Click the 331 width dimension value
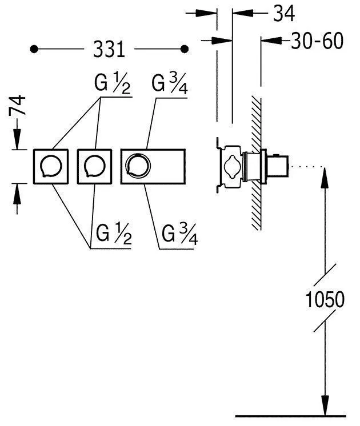(109, 50)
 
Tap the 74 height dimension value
(17, 105)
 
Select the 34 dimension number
(284, 13)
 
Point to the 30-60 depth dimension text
(317, 41)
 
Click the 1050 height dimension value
(325, 299)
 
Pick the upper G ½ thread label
(113, 83)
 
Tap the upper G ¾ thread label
(170, 83)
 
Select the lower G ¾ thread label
(180, 234)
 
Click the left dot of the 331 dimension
(34, 49)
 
